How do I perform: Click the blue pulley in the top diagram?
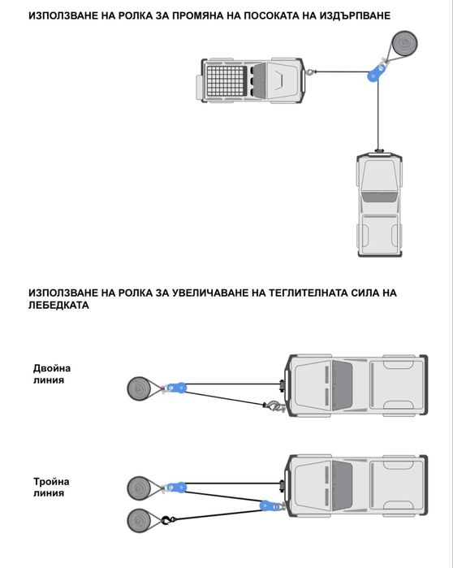point(376,72)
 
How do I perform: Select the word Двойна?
point(52,367)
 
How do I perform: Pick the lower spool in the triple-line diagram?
point(140,518)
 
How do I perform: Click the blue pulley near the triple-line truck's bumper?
point(269,505)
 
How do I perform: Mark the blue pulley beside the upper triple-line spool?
point(176,487)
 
